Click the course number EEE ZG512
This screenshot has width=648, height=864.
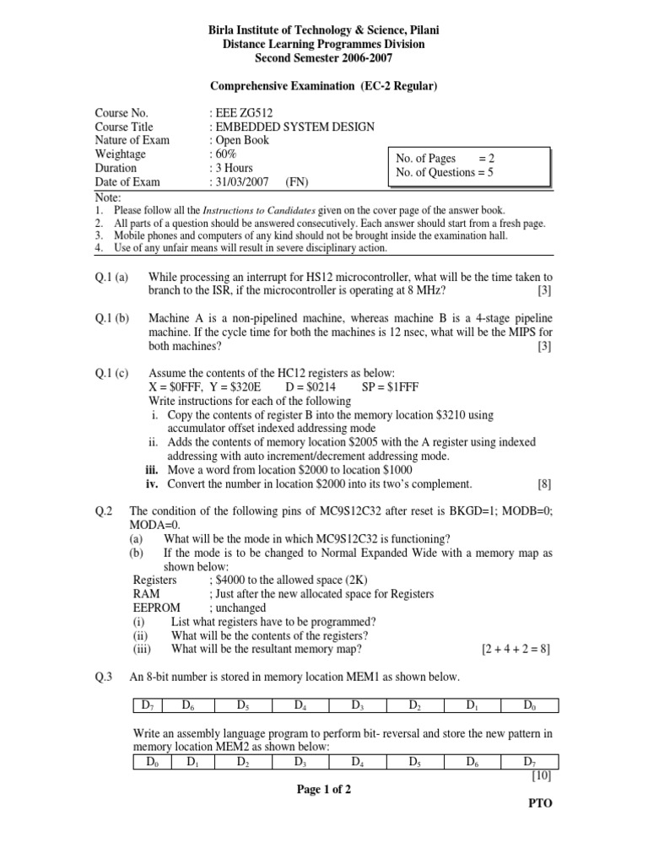point(245,113)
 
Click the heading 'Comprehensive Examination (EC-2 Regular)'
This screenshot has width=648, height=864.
point(323,85)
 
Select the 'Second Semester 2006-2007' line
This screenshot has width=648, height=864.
point(323,57)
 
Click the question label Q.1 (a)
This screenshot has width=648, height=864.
point(111,277)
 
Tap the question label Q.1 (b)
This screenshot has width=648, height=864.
point(111,318)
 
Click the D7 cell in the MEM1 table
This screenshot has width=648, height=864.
point(148,705)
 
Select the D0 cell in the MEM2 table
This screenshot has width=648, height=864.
point(152,762)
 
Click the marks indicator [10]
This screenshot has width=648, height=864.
point(540,775)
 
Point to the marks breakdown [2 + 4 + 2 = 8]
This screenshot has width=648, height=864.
point(516,650)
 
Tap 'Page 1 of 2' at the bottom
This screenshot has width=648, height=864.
point(323,790)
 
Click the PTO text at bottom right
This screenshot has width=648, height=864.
point(540,804)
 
